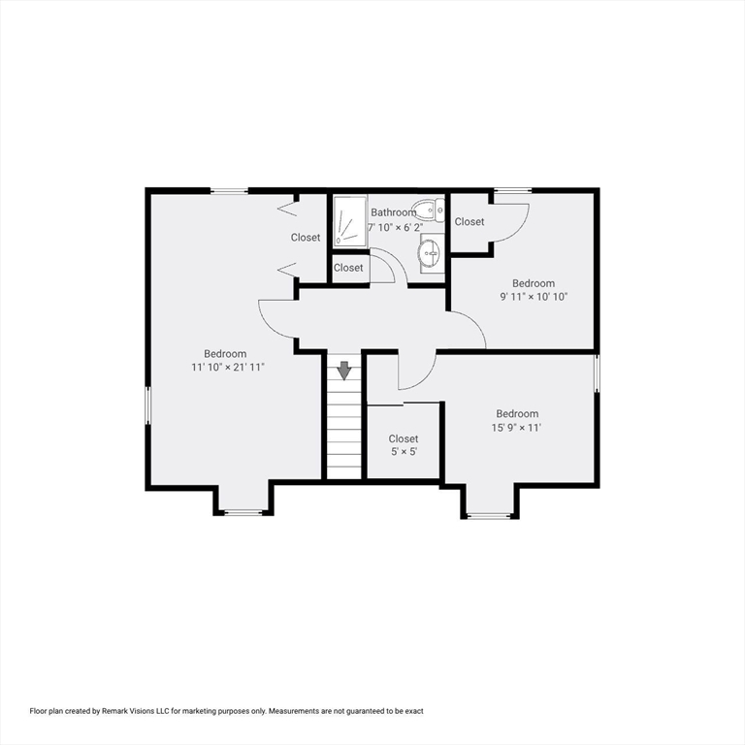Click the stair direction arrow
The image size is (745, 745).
point(343,371)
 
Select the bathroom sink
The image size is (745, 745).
point(429,254)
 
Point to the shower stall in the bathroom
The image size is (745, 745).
point(348,221)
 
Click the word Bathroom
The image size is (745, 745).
point(393,212)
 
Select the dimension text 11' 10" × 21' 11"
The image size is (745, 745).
point(228,368)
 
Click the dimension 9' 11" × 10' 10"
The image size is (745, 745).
point(534,297)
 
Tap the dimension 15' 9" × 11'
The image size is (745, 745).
point(517,427)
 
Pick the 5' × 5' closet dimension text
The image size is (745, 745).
point(404,452)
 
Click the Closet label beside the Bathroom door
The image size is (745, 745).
point(348,268)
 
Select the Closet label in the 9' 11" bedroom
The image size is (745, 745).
point(470,222)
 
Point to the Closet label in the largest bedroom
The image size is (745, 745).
point(306,238)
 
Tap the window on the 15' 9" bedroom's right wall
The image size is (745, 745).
point(597,373)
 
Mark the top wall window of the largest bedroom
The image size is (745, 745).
point(230,191)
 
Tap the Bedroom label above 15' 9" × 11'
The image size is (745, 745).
point(517,413)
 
